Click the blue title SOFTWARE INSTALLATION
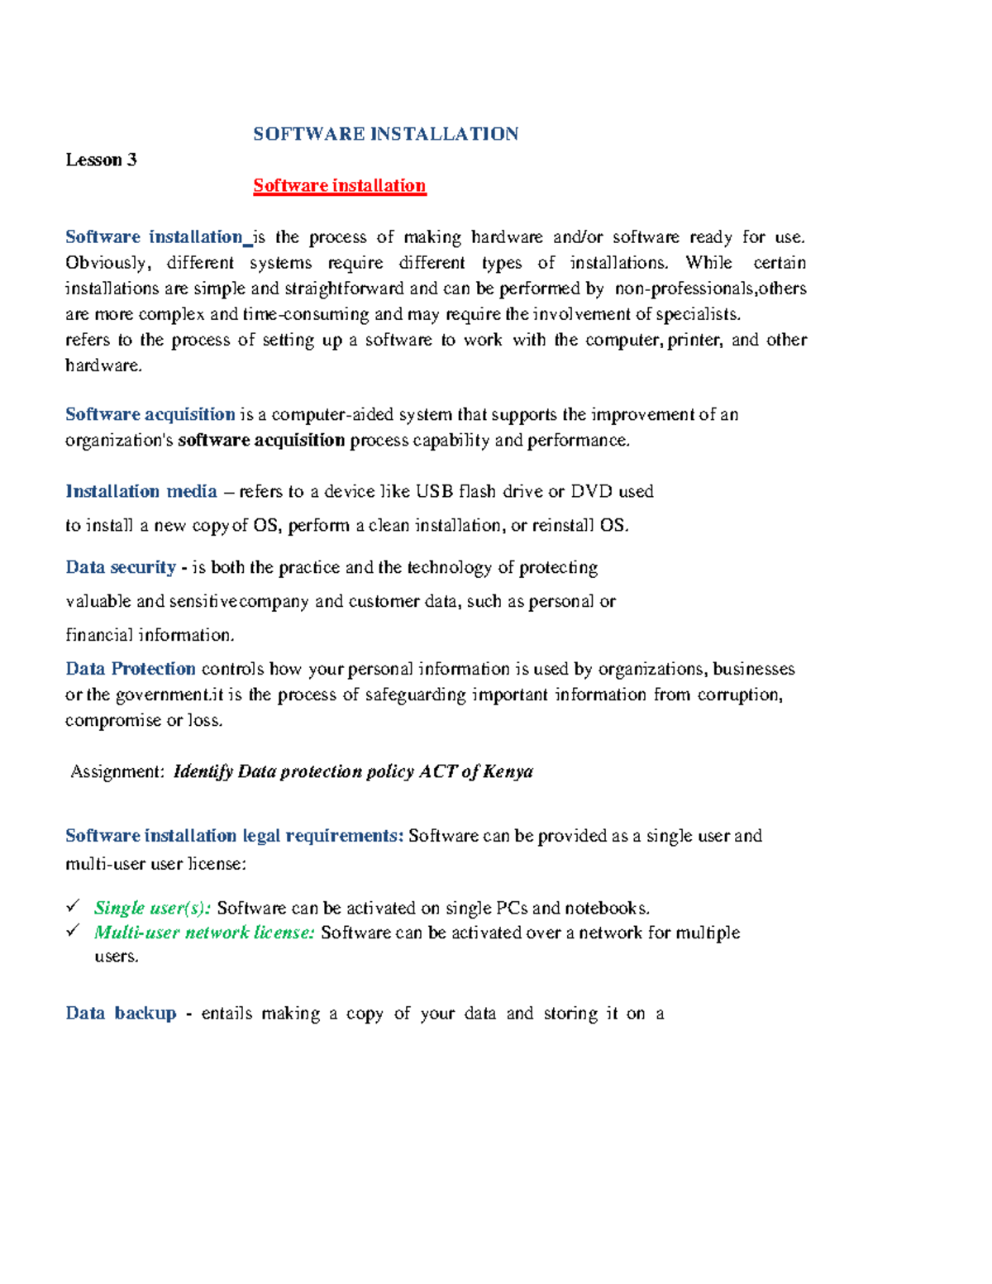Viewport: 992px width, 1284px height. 385,134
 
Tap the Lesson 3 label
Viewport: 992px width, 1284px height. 101,160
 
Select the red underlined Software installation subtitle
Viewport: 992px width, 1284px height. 339,185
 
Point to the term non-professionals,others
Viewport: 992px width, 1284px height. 711,289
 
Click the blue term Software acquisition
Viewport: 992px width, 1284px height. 150,414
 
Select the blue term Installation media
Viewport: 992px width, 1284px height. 141,491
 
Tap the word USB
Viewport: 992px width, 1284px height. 434,491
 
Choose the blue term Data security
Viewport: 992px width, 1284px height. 121,567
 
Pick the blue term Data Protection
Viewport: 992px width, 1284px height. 131,669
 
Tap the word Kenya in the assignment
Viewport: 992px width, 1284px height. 508,771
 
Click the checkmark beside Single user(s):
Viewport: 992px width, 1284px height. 74,906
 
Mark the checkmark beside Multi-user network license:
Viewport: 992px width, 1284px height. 74,931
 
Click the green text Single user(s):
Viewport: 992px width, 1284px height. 153,908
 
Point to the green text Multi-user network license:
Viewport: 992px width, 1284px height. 204,933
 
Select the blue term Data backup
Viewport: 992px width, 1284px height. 121,1013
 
